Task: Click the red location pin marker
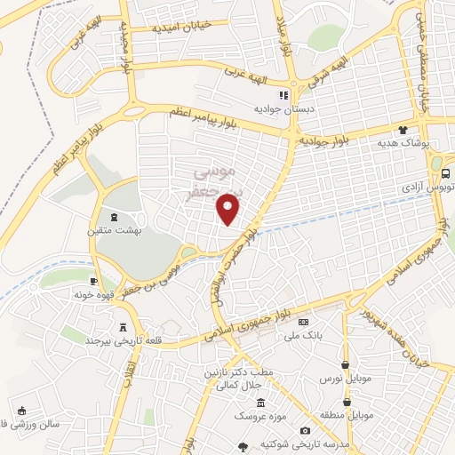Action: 229,210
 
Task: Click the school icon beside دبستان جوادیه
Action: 283,95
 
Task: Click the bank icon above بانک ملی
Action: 305,322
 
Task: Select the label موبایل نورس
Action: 344,379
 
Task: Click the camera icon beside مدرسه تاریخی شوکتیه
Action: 305,431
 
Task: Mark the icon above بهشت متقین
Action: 112,216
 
